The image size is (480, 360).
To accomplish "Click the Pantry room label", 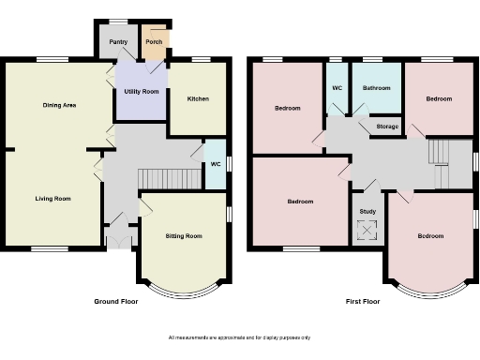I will pyautogui.click(x=117, y=42).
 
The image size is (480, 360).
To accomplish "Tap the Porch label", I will pyautogui.click(x=153, y=42).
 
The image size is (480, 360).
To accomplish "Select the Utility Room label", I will pyautogui.click(x=141, y=91).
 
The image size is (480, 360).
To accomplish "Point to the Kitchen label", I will pyautogui.click(x=198, y=98).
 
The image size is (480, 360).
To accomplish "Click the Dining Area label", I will pyautogui.click(x=59, y=105).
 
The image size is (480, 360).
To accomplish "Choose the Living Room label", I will pyautogui.click(x=53, y=199).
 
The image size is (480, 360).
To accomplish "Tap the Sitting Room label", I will pyautogui.click(x=183, y=236).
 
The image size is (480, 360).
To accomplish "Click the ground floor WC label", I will pyautogui.click(x=215, y=165).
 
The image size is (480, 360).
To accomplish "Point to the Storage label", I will pyautogui.click(x=387, y=126).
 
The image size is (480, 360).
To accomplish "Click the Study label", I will pyautogui.click(x=367, y=211).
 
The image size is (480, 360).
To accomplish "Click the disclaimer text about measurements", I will pyautogui.click(x=239, y=337).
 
